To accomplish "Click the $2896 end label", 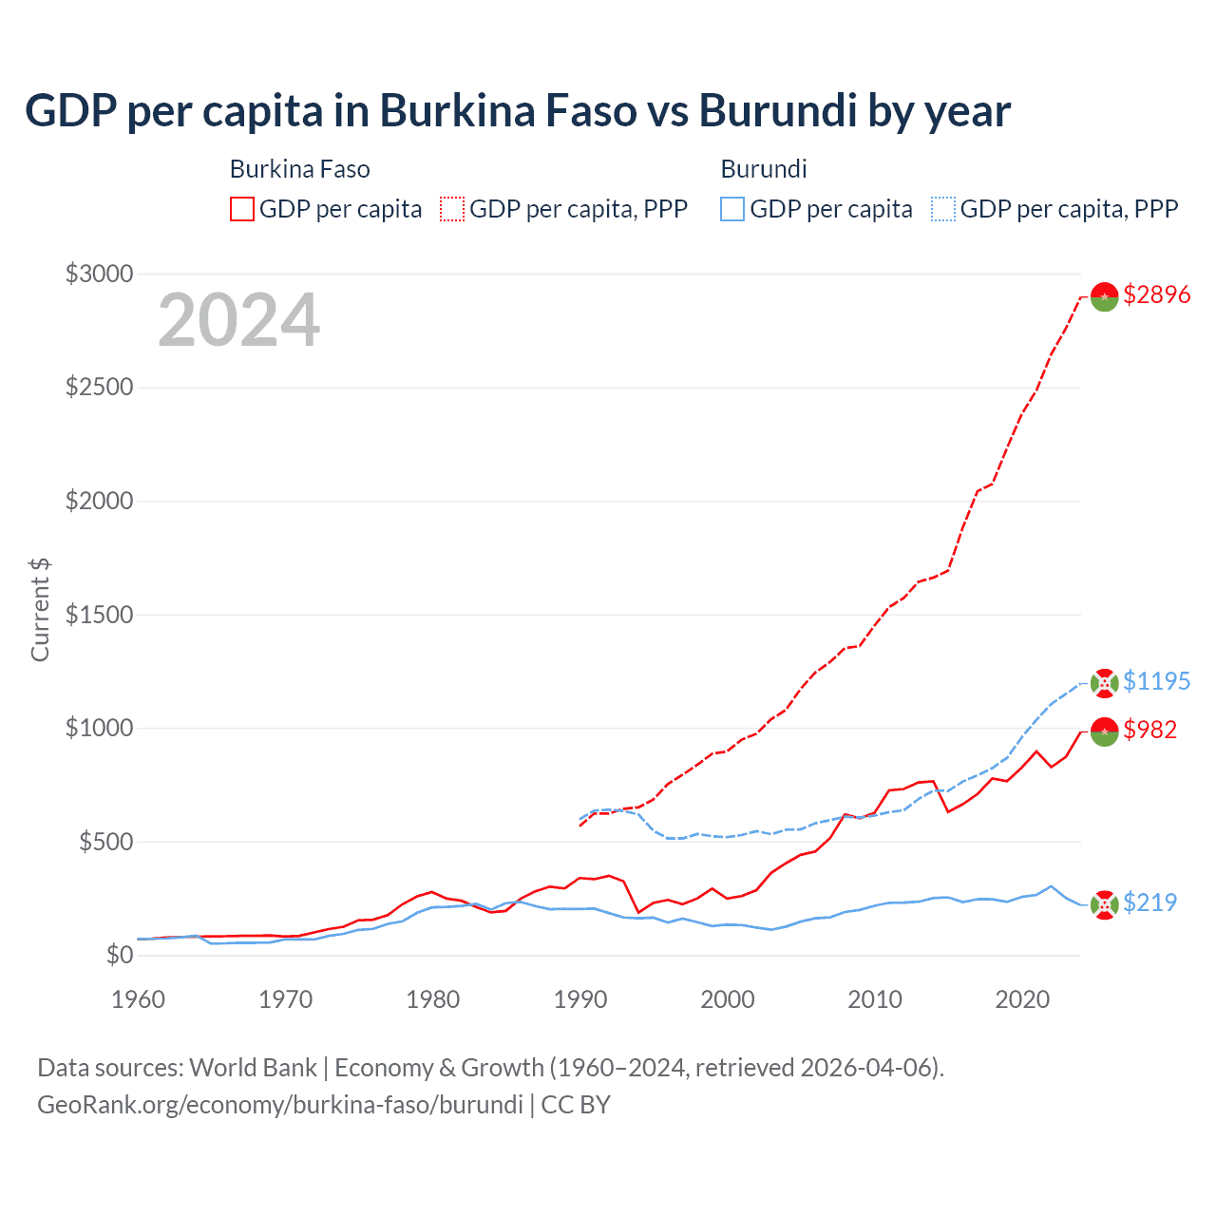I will [x=1156, y=295].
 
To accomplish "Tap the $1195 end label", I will [x=1156, y=682].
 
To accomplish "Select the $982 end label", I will [x=1149, y=730].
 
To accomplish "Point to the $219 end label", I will [x=1149, y=902].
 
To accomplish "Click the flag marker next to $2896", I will [x=1104, y=296].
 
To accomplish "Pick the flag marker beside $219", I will [x=1104, y=904].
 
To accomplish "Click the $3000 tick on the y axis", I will [x=99, y=275].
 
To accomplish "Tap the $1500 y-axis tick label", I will [x=99, y=615].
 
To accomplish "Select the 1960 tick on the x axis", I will [x=139, y=999].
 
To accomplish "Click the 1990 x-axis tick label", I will [x=580, y=999].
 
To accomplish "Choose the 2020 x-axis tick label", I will [x=1022, y=999].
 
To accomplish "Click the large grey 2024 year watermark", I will [x=239, y=321].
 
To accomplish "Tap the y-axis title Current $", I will [x=40, y=610].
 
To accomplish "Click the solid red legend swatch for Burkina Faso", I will [x=242, y=209].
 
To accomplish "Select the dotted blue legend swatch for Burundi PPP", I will [x=943, y=209].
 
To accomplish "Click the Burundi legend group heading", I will [x=764, y=169].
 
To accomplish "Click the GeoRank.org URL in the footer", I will [x=280, y=1105].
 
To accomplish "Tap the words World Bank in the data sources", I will [x=253, y=1068].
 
